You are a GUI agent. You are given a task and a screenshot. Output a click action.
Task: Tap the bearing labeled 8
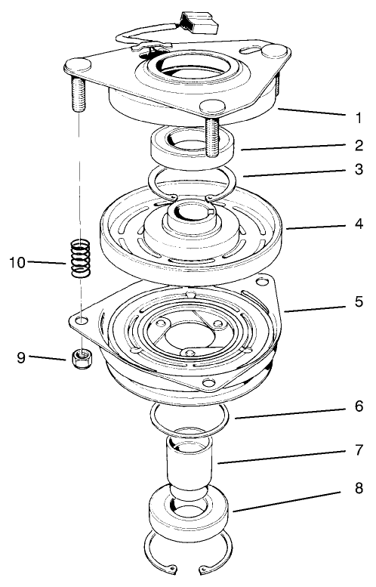(x=190, y=514)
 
